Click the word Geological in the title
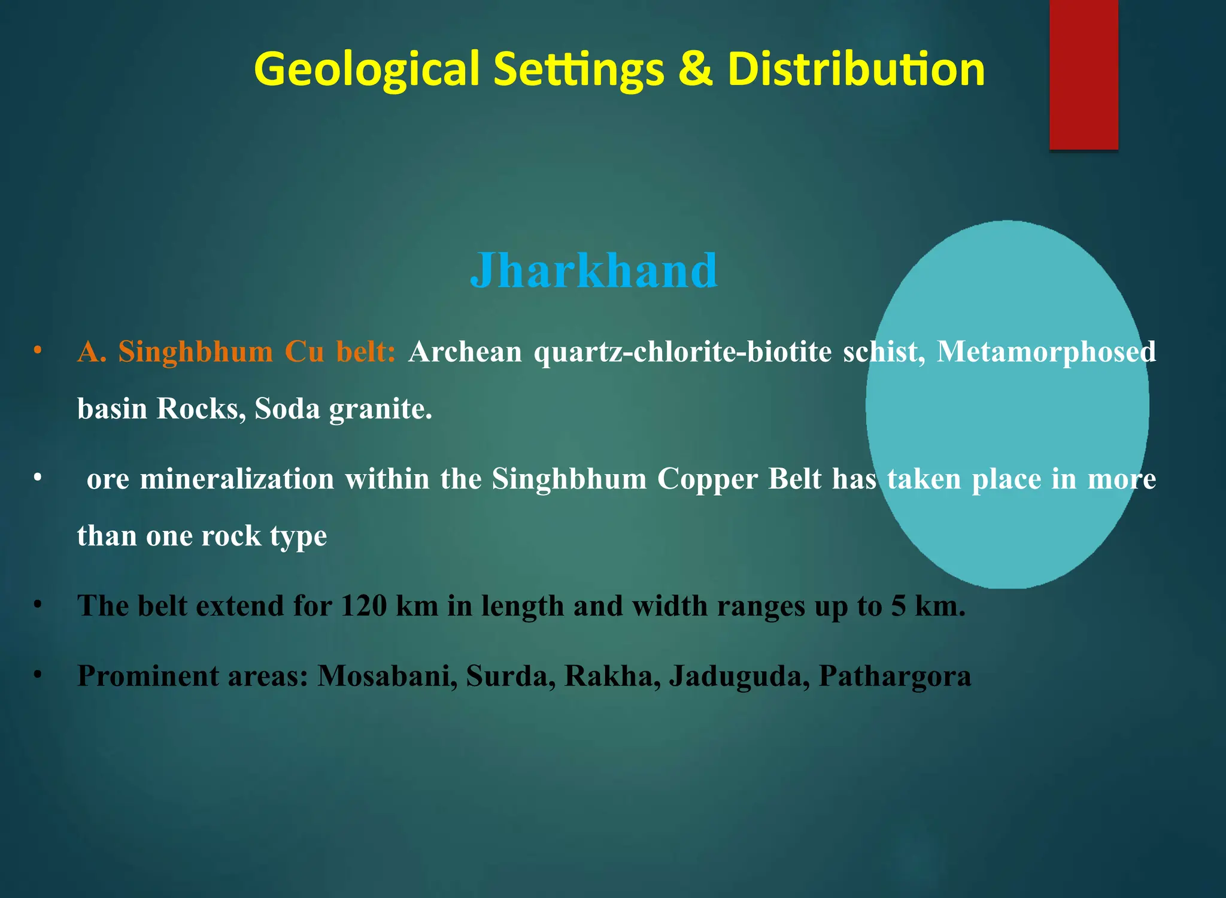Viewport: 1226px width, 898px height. pyautogui.click(x=366, y=69)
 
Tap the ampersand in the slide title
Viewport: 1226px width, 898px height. pyautogui.click(x=696, y=69)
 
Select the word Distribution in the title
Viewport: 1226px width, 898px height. pyautogui.click(x=856, y=69)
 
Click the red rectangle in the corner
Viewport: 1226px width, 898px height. pyautogui.click(x=1083, y=75)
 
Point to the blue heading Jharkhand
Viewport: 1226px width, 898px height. pyautogui.click(x=593, y=271)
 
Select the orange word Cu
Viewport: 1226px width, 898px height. pyautogui.click(x=304, y=351)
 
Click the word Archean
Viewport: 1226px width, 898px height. pyautogui.click(x=465, y=351)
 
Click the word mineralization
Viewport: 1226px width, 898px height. pyautogui.click(x=236, y=479)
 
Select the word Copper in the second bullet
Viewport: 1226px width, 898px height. pyautogui.click(x=708, y=479)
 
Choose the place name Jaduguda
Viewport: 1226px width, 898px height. pyautogui.click(x=739, y=676)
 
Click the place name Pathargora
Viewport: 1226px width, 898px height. pyautogui.click(x=894, y=676)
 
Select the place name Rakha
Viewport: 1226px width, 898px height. pyautogui.click(x=612, y=676)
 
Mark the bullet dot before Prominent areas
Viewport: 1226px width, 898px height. pyautogui.click(x=38, y=675)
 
